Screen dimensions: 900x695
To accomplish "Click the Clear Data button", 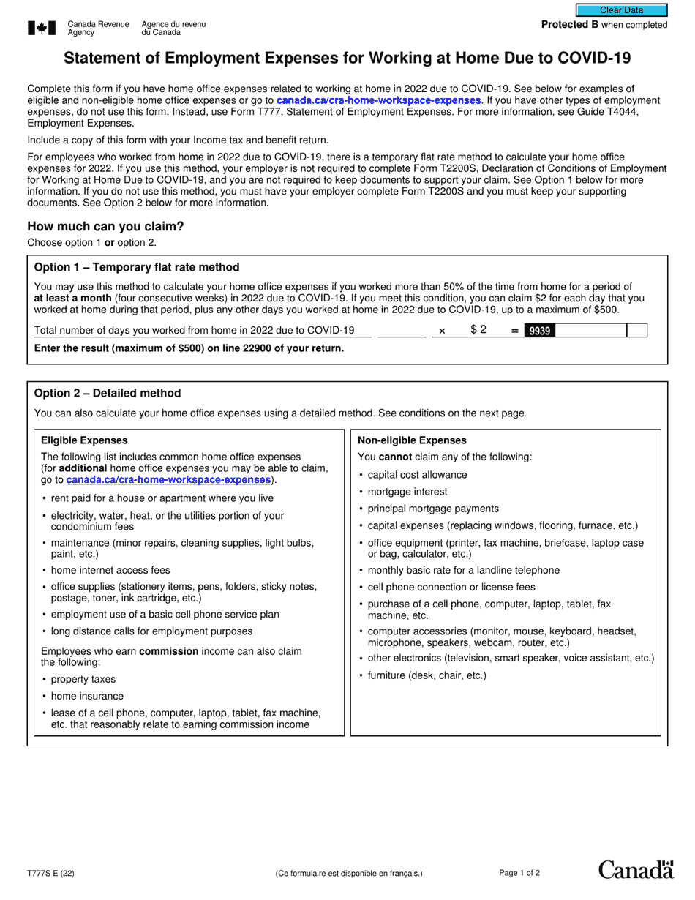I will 621,10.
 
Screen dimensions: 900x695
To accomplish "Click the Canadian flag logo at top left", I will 42,29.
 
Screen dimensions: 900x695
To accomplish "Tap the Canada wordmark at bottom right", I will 635,869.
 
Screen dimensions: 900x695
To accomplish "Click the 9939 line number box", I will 539,331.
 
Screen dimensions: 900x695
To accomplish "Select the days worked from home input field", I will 402,331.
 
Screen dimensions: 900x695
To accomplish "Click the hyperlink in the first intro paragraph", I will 378,100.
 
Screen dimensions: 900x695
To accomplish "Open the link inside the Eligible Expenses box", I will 168,480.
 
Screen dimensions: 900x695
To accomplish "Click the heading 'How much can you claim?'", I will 105,227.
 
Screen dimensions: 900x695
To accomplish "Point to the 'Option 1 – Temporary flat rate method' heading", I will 137,267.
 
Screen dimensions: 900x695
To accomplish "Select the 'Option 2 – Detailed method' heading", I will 108,393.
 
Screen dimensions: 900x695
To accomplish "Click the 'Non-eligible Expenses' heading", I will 411,440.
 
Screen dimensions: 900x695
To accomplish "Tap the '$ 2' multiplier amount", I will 478,330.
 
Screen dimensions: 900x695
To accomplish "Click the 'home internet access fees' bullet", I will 110,570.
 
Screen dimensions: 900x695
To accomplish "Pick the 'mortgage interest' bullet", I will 407,492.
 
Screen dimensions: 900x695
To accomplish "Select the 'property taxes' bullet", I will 83,679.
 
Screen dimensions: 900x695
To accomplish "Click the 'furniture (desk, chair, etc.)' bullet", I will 427,675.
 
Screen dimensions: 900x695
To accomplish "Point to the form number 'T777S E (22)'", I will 50,873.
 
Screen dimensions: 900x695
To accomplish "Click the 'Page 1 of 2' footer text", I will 519,873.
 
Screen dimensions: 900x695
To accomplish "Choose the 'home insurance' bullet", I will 87,696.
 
